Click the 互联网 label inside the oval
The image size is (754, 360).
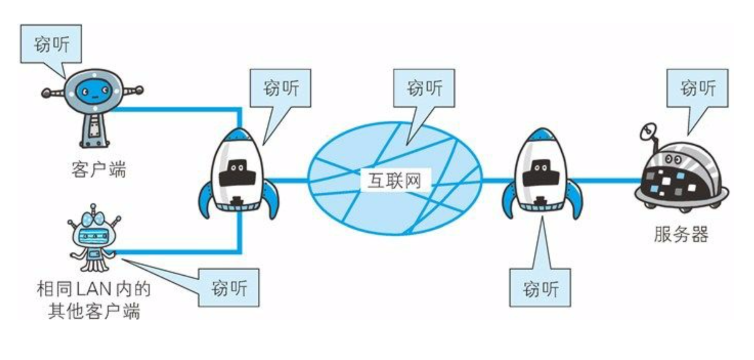click(x=395, y=181)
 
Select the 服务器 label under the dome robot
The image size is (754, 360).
click(x=681, y=234)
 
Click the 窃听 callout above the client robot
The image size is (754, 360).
click(x=51, y=44)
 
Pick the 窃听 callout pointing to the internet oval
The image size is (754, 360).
click(x=424, y=88)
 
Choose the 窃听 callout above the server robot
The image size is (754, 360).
click(x=697, y=88)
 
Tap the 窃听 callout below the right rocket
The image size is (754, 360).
click(x=540, y=288)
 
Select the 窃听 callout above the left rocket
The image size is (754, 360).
click(x=280, y=88)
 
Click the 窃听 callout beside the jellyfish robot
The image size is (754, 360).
click(x=229, y=288)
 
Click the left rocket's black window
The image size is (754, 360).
click(x=237, y=173)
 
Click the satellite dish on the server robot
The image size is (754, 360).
click(x=648, y=132)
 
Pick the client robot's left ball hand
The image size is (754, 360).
click(x=46, y=92)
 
